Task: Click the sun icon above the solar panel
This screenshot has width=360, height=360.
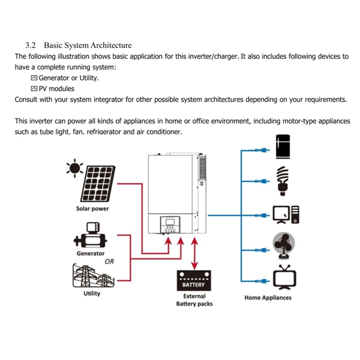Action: [75, 168]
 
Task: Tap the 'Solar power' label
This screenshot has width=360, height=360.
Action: [93, 209]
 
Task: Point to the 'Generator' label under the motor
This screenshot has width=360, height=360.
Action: [90, 253]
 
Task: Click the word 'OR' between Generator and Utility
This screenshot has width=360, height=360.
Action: [109, 262]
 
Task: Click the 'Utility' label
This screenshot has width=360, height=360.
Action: [92, 294]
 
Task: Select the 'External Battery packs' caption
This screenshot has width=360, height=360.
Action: [194, 300]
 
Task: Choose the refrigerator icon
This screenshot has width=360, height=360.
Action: [283, 147]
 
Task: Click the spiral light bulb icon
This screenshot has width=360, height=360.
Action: [283, 180]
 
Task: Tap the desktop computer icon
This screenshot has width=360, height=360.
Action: [285, 214]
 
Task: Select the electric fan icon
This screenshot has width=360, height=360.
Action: [283, 247]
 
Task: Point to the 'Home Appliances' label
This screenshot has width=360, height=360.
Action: [268, 298]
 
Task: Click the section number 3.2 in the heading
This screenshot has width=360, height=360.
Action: [31, 46]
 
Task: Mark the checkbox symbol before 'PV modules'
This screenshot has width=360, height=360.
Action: [34, 89]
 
